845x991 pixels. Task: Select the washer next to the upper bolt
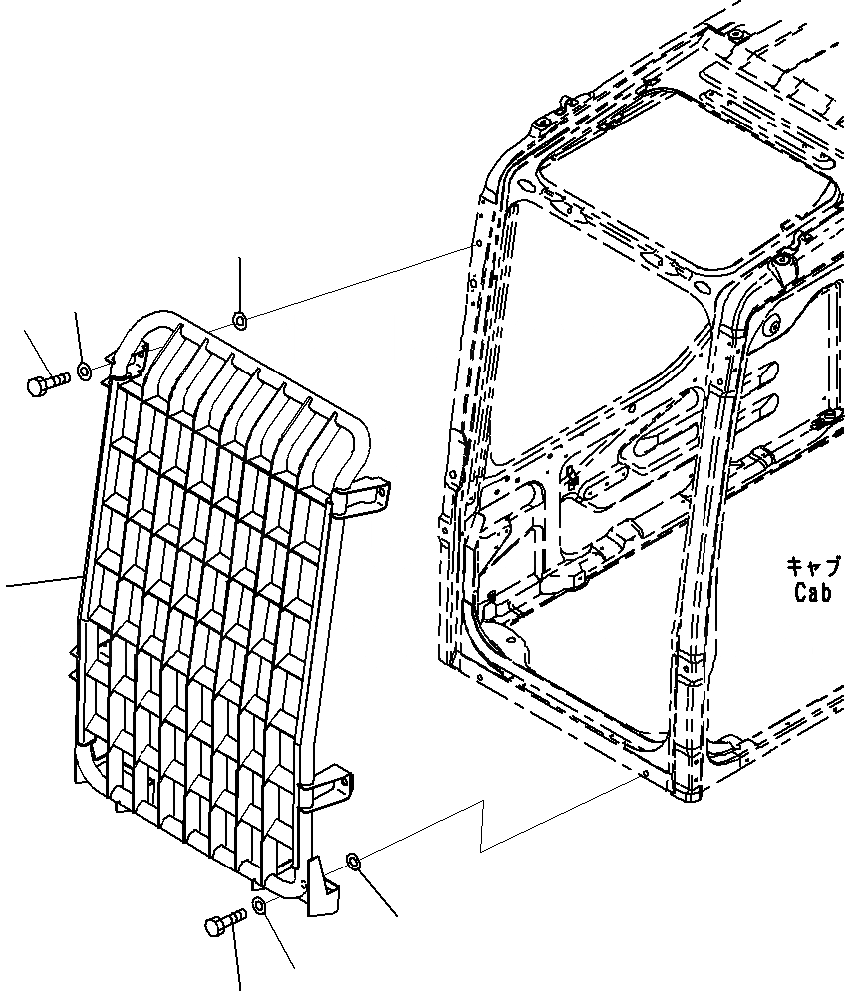(x=86, y=372)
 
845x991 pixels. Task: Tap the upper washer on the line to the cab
(x=239, y=320)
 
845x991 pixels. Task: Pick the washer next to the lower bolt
(x=258, y=905)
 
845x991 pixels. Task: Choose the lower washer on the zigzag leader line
(x=353, y=861)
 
